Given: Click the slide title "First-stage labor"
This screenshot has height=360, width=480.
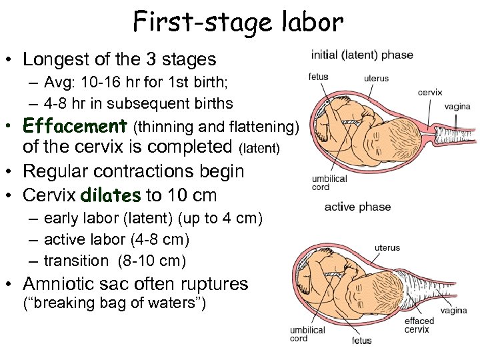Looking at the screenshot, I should pyautogui.click(x=238, y=22).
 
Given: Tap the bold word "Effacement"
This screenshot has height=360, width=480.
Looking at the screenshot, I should pyautogui.click(x=75, y=125).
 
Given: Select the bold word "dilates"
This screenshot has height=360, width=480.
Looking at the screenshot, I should pyautogui.click(x=111, y=195).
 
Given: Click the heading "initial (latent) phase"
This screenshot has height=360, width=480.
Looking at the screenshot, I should pyautogui.click(x=362, y=55).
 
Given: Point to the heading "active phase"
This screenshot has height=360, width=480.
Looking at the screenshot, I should pyautogui.click(x=357, y=207).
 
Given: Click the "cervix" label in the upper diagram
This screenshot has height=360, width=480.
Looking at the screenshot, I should pyautogui.click(x=430, y=92).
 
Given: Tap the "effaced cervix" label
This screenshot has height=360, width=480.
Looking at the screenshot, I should pyautogui.click(x=419, y=325).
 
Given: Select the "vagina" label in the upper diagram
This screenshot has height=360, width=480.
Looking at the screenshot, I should pyautogui.click(x=457, y=106).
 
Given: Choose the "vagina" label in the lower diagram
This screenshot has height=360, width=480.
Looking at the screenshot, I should pyautogui.click(x=453, y=311).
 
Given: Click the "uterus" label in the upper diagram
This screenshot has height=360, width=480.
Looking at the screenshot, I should pyautogui.click(x=376, y=78).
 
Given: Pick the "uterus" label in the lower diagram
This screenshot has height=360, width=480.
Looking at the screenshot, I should pyautogui.click(x=387, y=247).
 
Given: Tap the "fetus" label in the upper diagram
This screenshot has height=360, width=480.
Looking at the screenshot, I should pyautogui.click(x=319, y=76).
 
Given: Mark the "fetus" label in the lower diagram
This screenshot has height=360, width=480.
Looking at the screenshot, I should pyautogui.click(x=362, y=341).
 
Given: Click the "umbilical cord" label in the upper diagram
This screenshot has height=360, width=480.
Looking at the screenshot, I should pyautogui.click(x=329, y=183).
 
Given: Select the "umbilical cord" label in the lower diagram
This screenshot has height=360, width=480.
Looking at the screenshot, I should pyautogui.click(x=307, y=334).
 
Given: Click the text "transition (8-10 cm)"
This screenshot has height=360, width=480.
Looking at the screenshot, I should pyautogui.click(x=115, y=261).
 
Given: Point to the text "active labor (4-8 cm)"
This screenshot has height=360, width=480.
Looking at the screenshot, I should pyautogui.click(x=117, y=239).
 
